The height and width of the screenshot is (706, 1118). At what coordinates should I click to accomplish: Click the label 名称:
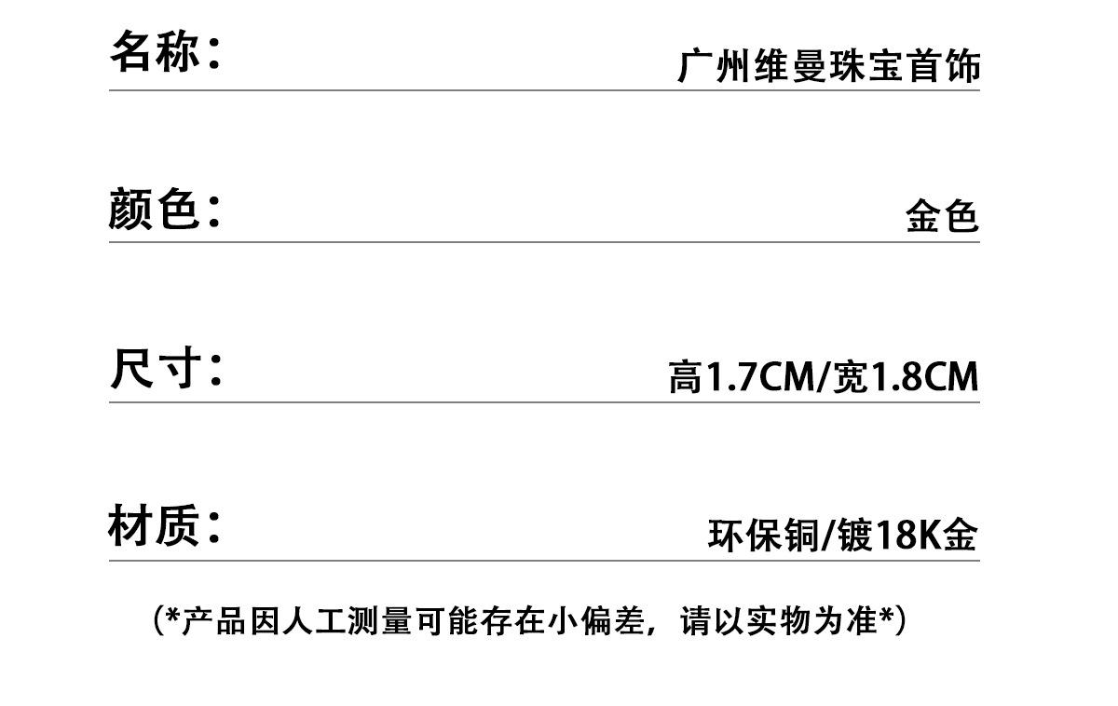[165, 51]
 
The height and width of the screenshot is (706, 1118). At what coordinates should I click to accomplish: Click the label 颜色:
[165, 209]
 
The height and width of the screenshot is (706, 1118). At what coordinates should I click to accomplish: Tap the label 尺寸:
[166, 369]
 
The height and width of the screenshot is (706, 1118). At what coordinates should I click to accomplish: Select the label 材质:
[165, 526]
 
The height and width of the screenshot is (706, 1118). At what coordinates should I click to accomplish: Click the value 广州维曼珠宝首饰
[829, 68]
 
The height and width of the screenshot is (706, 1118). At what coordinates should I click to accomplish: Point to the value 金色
[942, 217]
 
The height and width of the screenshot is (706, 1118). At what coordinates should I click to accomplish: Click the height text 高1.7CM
[741, 377]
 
